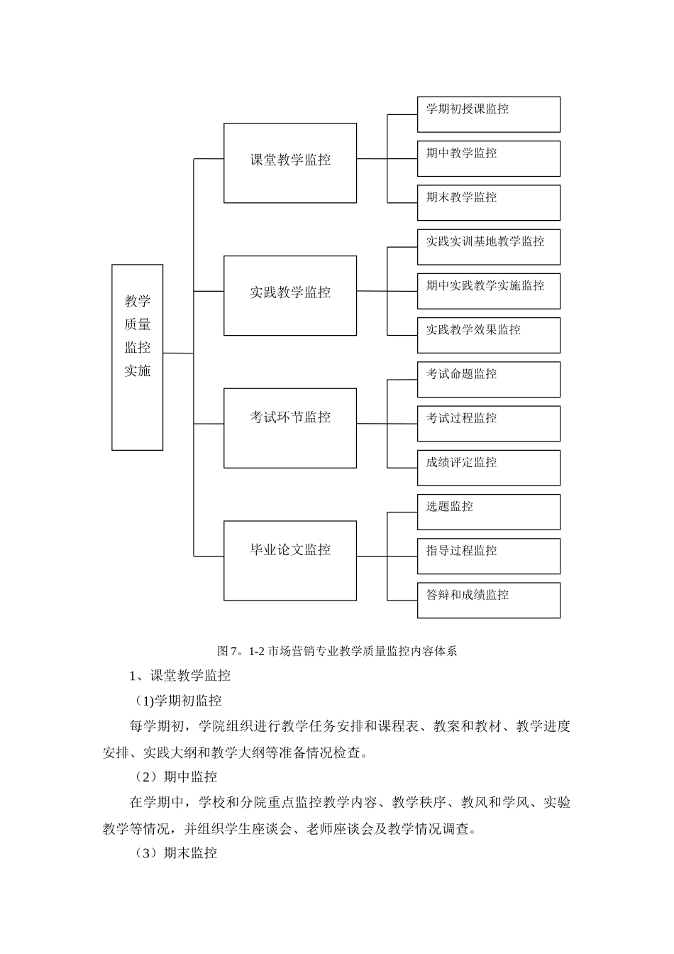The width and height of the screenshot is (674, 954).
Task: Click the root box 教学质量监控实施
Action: pos(137,357)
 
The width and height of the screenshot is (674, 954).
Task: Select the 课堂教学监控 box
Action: pos(290,163)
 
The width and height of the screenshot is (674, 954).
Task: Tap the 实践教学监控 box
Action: pos(290,295)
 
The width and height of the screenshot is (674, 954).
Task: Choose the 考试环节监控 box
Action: pos(290,427)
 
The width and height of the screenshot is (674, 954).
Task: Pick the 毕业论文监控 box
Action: pos(290,560)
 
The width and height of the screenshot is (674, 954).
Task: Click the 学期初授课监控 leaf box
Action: pos(488,114)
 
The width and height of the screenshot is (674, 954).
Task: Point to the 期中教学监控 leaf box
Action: pos(488,158)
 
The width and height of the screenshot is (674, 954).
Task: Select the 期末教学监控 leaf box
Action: pos(488,202)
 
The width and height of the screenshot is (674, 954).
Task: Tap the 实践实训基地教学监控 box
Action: pos(488,246)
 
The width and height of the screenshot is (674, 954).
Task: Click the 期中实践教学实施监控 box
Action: pos(488,291)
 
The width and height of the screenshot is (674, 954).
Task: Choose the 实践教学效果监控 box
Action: pos(488,335)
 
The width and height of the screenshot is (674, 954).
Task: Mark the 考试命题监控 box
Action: pos(488,379)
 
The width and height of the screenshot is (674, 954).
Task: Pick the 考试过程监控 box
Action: pos(488,423)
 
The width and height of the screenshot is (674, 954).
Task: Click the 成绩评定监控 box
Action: pos(488,467)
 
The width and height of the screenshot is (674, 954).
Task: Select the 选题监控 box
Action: pos(488,512)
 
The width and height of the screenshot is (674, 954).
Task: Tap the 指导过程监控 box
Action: pos(488,556)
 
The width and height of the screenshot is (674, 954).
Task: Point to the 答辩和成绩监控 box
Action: pos(488,600)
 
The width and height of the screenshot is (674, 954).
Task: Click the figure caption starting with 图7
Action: pos(337,651)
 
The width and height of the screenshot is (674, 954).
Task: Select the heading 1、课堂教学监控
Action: pos(179,676)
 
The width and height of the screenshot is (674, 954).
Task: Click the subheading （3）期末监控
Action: pos(175,853)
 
